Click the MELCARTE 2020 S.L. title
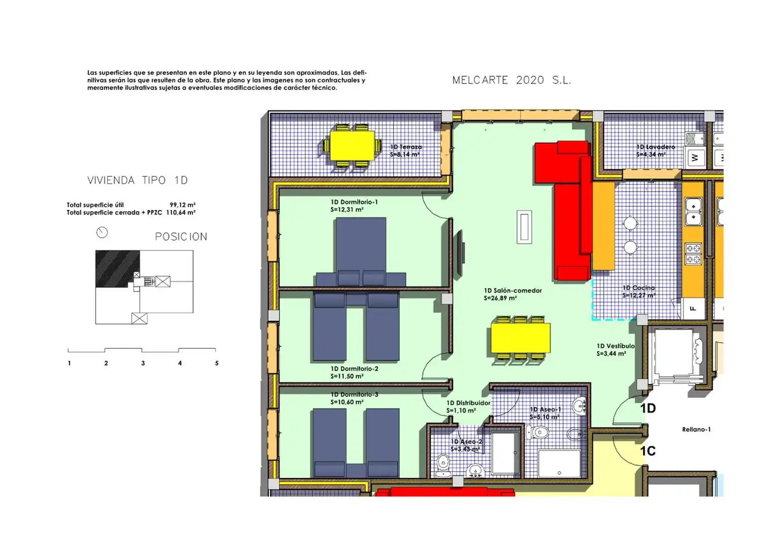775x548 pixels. coord(512,80)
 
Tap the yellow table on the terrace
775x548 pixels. coord(352,145)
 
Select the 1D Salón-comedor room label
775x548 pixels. coord(513,291)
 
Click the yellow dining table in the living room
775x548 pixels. coord(520,337)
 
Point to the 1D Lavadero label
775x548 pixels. coord(656,147)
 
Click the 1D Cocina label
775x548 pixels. coord(638,288)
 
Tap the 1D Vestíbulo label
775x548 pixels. coord(616,346)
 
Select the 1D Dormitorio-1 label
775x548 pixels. coord(354,202)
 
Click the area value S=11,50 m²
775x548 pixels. coord(347,376)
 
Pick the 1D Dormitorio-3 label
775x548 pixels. coord(354,395)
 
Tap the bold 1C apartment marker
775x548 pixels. coord(648,451)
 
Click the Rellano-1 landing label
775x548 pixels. coord(696,429)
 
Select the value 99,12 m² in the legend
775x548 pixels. coord(182,205)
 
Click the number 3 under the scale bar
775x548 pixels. coord(143,363)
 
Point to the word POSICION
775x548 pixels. coord(181,236)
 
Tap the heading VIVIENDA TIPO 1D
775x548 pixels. coord(138,180)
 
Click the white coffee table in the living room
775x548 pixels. coord(524,227)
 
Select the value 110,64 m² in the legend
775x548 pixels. coord(181,213)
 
